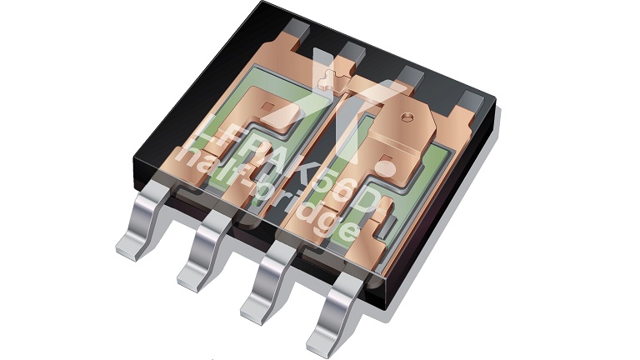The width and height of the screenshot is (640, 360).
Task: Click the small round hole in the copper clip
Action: [x=406, y=117]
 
